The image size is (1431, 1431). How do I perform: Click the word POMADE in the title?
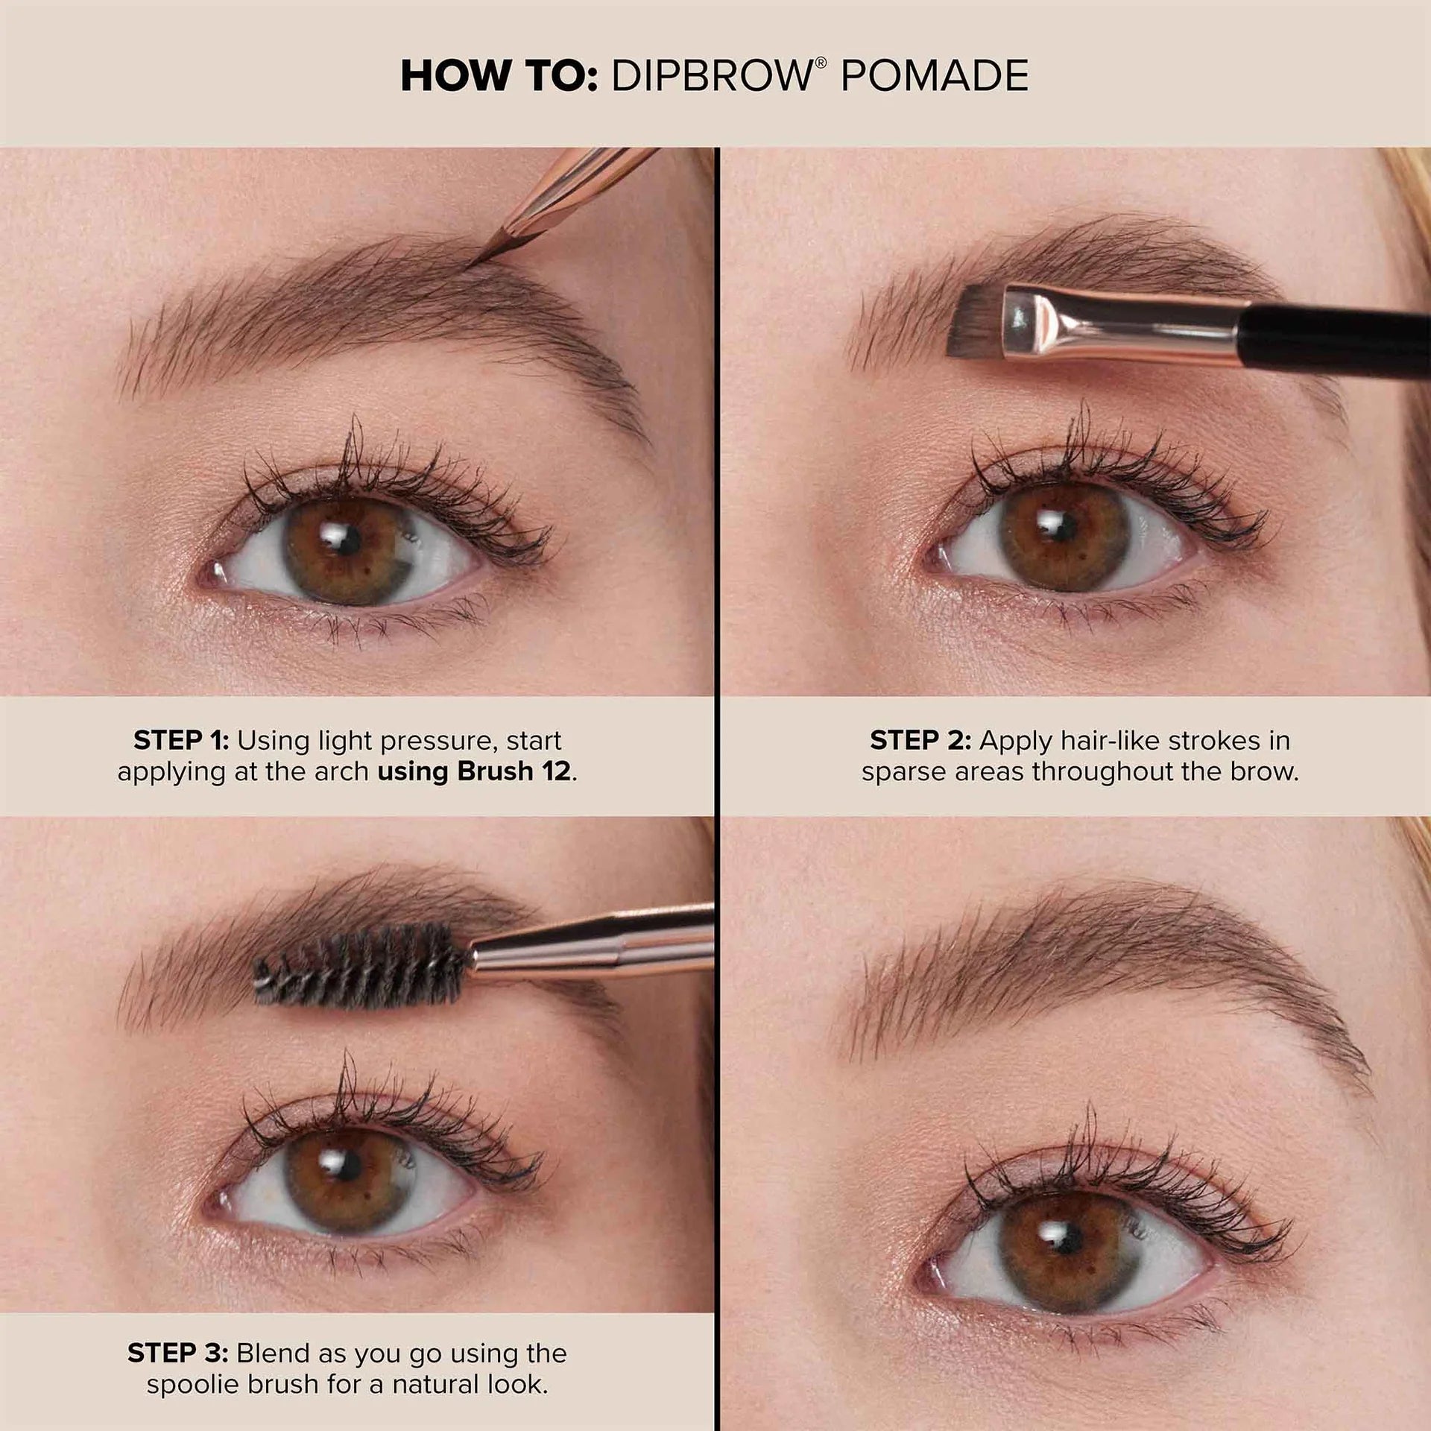coord(935,75)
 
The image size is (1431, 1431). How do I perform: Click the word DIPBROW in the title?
coord(712,75)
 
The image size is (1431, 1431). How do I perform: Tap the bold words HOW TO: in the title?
coord(499,75)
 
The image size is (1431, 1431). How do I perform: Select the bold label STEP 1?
coord(181,740)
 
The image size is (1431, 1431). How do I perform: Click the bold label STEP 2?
coord(920,740)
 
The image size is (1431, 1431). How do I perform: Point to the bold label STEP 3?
coord(177,1353)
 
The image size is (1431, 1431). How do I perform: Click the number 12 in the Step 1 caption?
coord(556,771)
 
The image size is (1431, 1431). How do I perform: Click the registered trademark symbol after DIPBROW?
coord(821,63)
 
